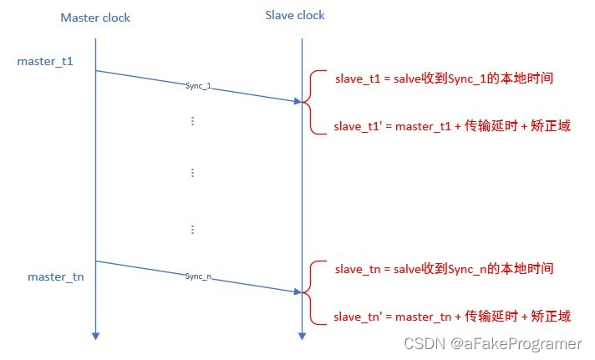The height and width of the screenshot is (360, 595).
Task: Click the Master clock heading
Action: pos(95,18)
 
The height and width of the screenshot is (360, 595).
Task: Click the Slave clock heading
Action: pos(295,16)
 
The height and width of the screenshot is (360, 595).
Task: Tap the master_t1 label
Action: pos(39,62)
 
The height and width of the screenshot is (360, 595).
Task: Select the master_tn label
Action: pos(55,276)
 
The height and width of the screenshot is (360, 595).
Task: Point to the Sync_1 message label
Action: pos(198,86)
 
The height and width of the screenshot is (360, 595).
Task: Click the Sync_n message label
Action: pos(198,276)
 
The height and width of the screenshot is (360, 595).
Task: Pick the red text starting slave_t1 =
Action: pos(444,78)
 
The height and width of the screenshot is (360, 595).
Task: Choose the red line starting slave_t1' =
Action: pos(452,127)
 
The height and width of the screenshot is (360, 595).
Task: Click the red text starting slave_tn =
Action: pos(444,268)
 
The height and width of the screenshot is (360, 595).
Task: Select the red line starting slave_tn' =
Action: pos(452,317)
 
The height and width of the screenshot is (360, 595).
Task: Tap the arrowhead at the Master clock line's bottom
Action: pos(96,336)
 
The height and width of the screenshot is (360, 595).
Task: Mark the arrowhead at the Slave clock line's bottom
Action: pos(301,336)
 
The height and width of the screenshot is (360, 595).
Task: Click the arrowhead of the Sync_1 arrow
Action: pos(296,101)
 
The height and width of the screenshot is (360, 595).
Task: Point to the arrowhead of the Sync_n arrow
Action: pos(296,291)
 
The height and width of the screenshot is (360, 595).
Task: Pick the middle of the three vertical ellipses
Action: pos(192,173)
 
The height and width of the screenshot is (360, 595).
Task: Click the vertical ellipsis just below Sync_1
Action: pos(192,121)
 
